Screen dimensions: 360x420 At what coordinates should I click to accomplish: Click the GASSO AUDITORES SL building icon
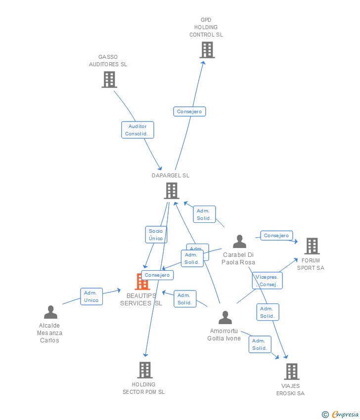pyautogui.click(x=109, y=80)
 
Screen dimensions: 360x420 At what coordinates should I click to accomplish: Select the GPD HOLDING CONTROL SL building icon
pyautogui.click(x=207, y=50)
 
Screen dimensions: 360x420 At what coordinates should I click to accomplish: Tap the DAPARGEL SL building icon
pyautogui.click(x=172, y=191)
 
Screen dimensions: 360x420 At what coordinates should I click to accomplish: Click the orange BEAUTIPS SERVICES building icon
pyautogui.click(x=142, y=282)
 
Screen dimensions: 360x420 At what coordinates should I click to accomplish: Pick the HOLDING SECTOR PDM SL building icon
pyautogui.click(x=144, y=370)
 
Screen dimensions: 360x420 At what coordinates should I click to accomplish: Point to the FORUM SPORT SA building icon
pyautogui.click(x=312, y=246)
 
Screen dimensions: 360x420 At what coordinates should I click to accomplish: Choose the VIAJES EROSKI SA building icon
pyautogui.click(x=291, y=371)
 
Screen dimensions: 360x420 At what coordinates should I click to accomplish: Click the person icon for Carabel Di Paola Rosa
pyautogui.click(x=239, y=242)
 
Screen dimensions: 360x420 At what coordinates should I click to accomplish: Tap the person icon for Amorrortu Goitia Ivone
pyautogui.click(x=225, y=318)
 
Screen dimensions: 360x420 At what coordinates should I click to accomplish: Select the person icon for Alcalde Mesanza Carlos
pyautogui.click(x=50, y=312)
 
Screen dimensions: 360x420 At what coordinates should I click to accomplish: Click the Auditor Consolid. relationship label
pyautogui.click(x=137, y=130)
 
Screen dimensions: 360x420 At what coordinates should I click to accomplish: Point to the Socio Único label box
pyautogui.click(x=156, y=235)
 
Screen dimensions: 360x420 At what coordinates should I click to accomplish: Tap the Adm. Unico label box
pyautogui.click(x=91, y=296)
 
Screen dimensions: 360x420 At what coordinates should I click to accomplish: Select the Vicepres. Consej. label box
pyautogui.click(x=267, y=281)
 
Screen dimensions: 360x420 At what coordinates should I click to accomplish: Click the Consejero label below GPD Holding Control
pyautogui.click(x=189, y=112)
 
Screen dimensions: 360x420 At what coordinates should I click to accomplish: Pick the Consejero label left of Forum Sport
pyautogui.click(x=276, y=236)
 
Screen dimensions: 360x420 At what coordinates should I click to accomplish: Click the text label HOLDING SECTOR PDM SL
pyautogui.click(x=143, y=388)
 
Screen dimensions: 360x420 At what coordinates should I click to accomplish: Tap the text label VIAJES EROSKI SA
pyautogui.click(x=290, y=389)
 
